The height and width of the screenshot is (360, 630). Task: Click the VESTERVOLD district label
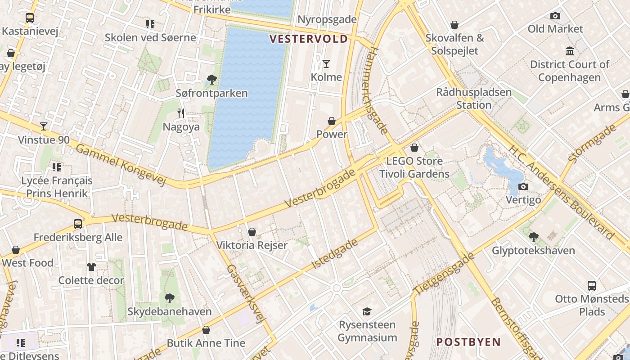[309, 39]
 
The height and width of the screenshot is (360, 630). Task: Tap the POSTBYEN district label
[468, 342]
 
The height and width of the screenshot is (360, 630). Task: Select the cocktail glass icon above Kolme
[326, 64]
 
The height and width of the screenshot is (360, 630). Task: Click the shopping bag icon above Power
[332, 121]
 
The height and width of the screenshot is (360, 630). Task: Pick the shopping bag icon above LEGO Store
[414, 148]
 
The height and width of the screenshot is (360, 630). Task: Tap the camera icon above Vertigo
[523, 186]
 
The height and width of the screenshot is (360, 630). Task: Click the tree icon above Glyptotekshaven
[533, 237]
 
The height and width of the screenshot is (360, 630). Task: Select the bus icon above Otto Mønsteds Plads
[592, 285]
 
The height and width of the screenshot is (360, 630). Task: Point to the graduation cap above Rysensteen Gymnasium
[367, 311]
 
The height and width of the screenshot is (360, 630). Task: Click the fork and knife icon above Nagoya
[181, 113]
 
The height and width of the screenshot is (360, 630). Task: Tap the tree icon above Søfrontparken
[211, 80]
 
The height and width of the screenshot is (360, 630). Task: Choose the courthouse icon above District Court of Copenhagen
[570, 51]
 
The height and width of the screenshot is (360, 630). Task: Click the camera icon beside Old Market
[555, 16]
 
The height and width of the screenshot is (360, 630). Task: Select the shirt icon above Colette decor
[91, 267]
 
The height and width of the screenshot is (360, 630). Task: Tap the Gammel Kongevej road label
[121, 165]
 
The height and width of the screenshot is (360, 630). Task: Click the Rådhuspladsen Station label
[474, 99]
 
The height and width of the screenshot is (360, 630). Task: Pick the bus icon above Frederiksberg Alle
[78, 224]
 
